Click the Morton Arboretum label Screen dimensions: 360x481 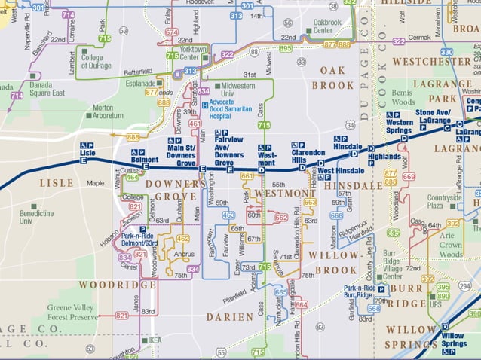[x=107, y=112]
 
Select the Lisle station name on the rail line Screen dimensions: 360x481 [x=87, y=152]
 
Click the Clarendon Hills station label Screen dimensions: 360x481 [x=308, y=156]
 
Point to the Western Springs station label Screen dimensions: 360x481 [x=399, y=126]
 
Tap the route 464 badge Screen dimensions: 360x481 [x=131, y=177]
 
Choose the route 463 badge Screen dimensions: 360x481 [x=228, y=215]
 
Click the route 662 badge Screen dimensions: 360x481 [x=280, y=217]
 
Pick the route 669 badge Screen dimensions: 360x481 [x=409, y=176]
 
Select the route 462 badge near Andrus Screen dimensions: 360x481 [x=182, y=239]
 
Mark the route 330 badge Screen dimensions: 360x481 [x=446, y=52]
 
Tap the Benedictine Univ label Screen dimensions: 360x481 [x=36, y=218]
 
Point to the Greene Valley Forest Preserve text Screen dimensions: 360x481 [x=72, y=313]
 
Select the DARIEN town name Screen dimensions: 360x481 [x=230, y=317]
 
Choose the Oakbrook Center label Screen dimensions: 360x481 [x=326, y=27]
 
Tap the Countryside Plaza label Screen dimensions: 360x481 [x=445, y=201]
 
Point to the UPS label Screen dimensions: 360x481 [x=436, y=305]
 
